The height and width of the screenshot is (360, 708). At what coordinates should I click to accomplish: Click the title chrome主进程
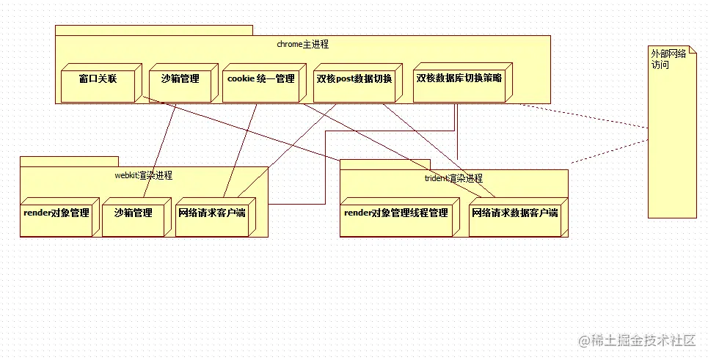pos(302,44)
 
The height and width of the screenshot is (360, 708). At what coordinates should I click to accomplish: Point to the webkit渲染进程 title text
pos(144,175)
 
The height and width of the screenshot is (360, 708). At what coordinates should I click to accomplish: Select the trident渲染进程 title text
pos(453,178)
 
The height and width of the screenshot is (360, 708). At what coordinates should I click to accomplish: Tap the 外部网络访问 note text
pos(668,59)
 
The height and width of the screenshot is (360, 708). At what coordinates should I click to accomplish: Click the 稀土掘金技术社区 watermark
pos(636,340)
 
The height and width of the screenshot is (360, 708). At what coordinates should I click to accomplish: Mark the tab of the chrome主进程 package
pos(153,30)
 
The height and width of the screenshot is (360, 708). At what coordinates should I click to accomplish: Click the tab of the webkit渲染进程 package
pos(69,161)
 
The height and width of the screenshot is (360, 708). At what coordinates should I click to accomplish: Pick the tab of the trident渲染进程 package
pos(384,164)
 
